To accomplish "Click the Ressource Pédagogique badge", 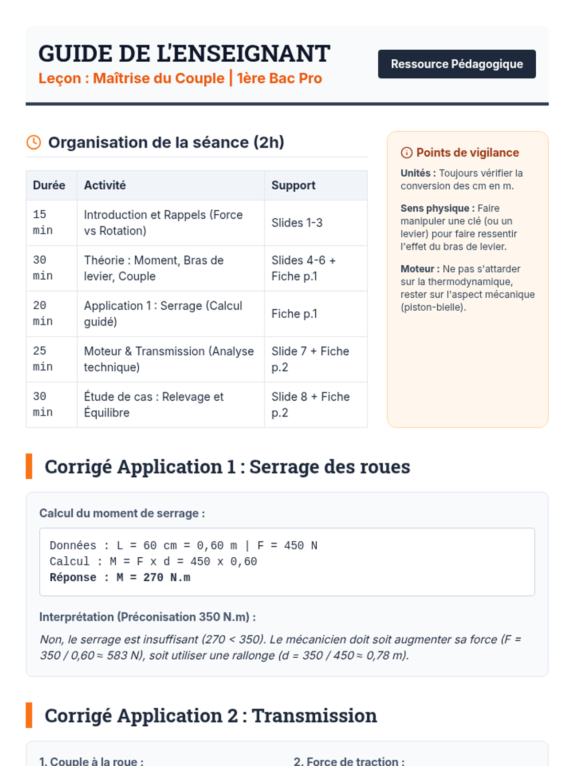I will tap(456, 64).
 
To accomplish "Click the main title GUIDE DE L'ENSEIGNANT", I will tap(184, 54).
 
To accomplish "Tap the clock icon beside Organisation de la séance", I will tap(33, 142).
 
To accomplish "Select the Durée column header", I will tap(49, 185).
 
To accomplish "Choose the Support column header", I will tap(293, 185).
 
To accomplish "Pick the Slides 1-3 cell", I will tap(297, 223).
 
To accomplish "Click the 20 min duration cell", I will tap(43, 314).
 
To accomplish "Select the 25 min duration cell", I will tap(43, 359).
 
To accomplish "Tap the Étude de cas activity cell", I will tap(154, 405).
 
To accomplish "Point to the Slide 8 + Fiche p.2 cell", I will tap(310, 405).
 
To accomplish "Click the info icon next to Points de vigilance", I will tap(407, 153).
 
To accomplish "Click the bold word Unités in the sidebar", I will tap(416, 173).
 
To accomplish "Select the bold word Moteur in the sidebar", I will tap(418, 269).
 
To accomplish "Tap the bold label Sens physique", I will tap(435, 208).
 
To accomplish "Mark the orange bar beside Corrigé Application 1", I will tap(29, 466).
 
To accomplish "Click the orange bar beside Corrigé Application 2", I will tap(29, 715).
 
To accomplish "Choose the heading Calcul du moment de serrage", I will tap(122, 513).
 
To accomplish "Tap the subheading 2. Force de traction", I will tap(349, 760).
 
